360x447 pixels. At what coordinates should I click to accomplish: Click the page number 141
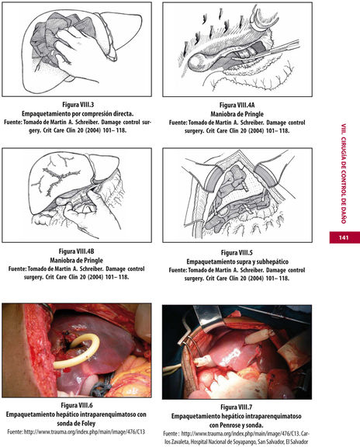344,237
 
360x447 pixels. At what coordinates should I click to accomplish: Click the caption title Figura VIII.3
78,105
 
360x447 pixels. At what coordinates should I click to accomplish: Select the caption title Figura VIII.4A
237,106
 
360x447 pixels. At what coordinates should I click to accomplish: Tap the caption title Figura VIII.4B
76,251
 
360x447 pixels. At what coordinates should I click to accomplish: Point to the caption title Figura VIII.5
237,252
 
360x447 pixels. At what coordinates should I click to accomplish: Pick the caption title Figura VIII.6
77,405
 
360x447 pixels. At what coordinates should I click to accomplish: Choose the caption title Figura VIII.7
237,407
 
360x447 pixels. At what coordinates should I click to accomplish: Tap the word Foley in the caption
88,424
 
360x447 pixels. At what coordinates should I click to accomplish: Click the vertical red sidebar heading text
344,173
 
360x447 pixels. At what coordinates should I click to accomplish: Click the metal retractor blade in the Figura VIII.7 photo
209,317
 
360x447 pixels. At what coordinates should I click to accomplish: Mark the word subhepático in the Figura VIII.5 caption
272,262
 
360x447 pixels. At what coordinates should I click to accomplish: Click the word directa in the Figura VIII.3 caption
123,114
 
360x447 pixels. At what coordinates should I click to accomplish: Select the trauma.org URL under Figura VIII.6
85,432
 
